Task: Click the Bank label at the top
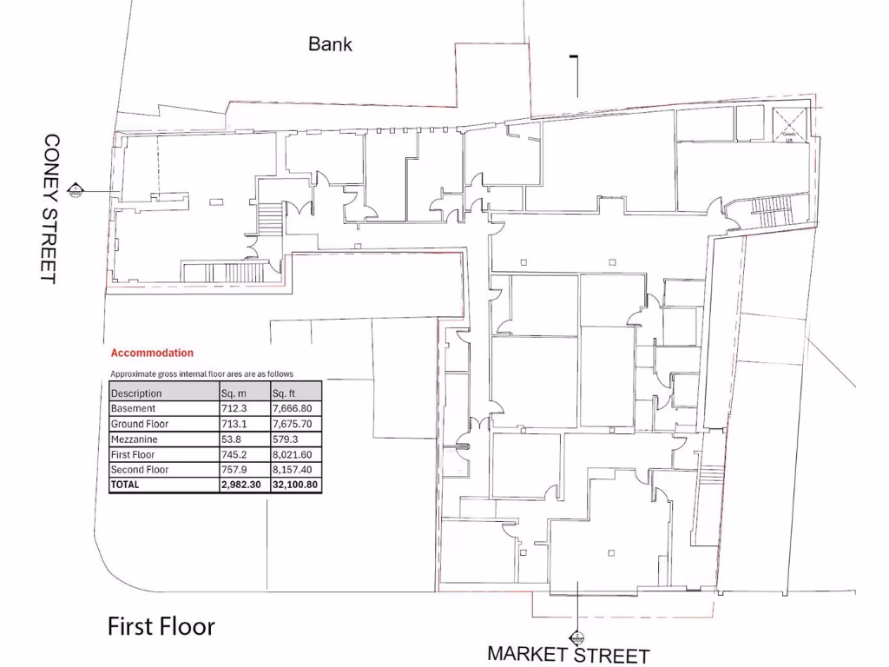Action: click(x=331, y=43)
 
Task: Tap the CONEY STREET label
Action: click(x=49, y=208)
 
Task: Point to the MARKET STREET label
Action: click(x=568, y=654)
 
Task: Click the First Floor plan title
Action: click(x=161, y=626)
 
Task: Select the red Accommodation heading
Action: click(x=152, y=353)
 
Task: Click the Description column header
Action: click(x=136, y=393)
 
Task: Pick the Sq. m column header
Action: click(x=234, y=393)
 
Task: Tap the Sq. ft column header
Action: click(x=284, y=393)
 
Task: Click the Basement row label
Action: click(x=133, y=408)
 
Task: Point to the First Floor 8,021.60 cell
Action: click(x=293, y=454)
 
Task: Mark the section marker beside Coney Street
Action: click(x=76, y=190)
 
